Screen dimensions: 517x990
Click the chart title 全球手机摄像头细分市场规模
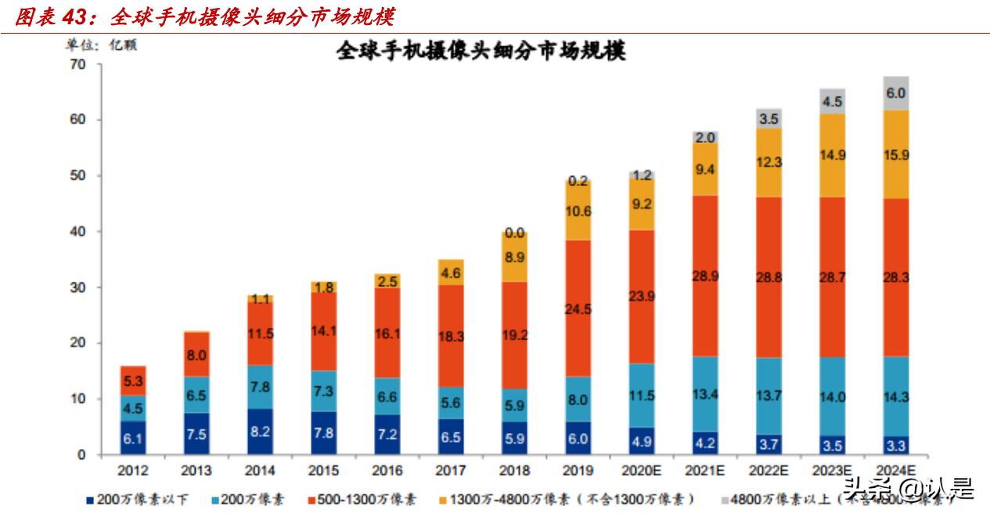(481, 52)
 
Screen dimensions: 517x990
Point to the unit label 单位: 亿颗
(101, 45)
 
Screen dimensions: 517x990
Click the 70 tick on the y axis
(76, 64)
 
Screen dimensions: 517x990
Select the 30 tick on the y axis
(76, 287)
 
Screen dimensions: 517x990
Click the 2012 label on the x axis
(133, 470)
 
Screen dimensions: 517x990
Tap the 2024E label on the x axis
(895, 470)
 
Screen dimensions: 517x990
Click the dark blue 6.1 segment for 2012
(133, 438)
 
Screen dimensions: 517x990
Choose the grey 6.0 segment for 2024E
(895, 93)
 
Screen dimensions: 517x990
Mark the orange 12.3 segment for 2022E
(769, 162)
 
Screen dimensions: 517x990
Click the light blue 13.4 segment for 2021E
(704, 393)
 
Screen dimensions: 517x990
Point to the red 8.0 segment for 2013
(196, 354)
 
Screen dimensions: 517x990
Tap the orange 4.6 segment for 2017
(450, 272)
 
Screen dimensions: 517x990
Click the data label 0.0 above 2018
(514, 233)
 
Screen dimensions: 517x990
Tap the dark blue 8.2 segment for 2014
(260, 431)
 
